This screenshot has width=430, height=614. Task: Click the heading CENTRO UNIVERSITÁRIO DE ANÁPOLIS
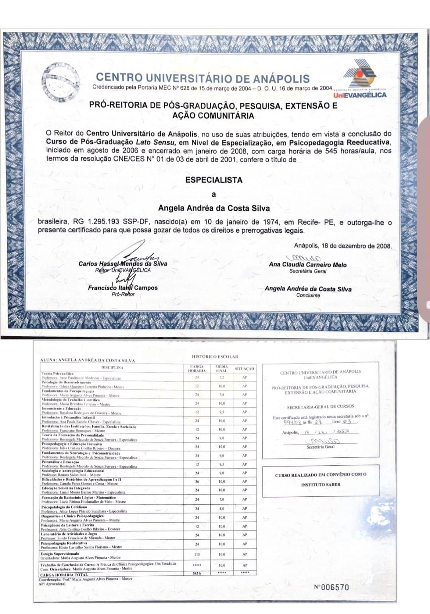(x=203, y=78)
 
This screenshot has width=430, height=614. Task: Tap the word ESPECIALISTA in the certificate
(x=214, y=180)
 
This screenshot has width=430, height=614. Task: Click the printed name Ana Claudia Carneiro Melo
(x=307, y=264)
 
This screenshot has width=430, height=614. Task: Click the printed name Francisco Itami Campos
(x=123, y=288)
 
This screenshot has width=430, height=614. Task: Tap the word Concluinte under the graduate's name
(x=308, y=295)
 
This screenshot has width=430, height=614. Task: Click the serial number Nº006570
(x=331, y=587)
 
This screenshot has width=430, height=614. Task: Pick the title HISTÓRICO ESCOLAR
(x=215, y=357)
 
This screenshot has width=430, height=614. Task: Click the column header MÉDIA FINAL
(x=221, y=368)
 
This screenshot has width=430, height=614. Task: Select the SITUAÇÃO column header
(x=244, y=369)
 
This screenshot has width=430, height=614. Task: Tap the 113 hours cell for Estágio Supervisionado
(x=197, y=554)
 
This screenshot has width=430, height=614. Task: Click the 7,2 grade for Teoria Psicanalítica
(x=221, y=377)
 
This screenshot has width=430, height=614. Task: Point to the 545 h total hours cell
(x=197, y=573)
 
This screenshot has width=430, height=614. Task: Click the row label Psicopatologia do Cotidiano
(x=64, y=507)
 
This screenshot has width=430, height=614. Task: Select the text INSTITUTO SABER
(x=321, y=484)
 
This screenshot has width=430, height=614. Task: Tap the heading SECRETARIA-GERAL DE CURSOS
(x=320, y=407)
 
